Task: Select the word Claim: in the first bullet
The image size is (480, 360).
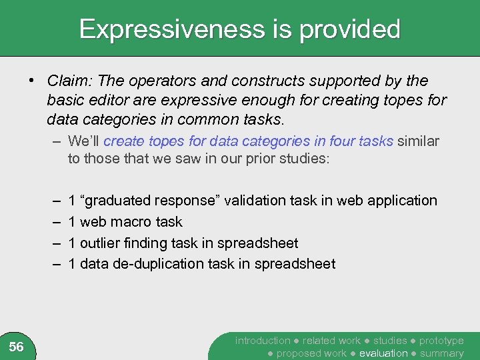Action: click(70, 81)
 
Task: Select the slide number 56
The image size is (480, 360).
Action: click(17, 347)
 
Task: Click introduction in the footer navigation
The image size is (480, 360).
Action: click(263, 341)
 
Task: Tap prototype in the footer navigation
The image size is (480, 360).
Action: click(441, 341)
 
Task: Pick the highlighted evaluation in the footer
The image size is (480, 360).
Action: click(383, 353)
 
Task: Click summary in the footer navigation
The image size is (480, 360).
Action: click(442, 353)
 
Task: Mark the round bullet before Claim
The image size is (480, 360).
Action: click(31, 81)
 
